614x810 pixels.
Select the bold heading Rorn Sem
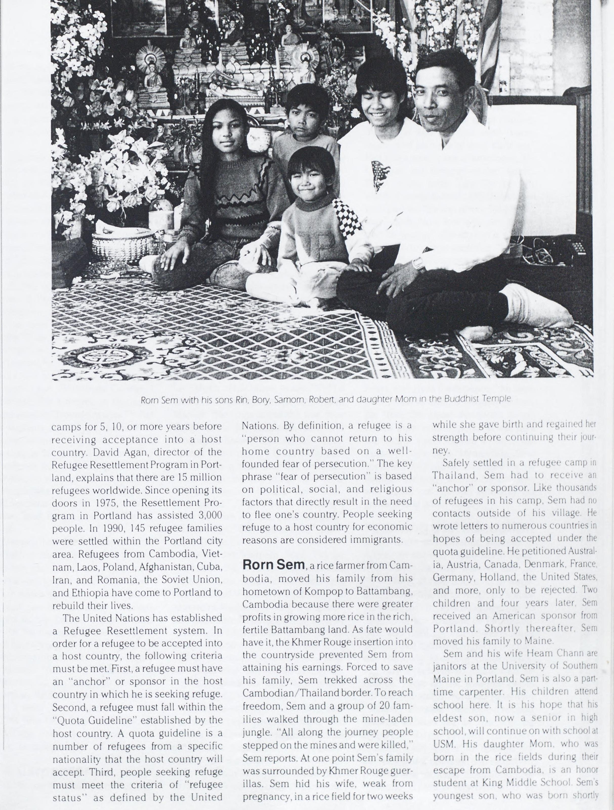pyautogui.click(x=273, y=564)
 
